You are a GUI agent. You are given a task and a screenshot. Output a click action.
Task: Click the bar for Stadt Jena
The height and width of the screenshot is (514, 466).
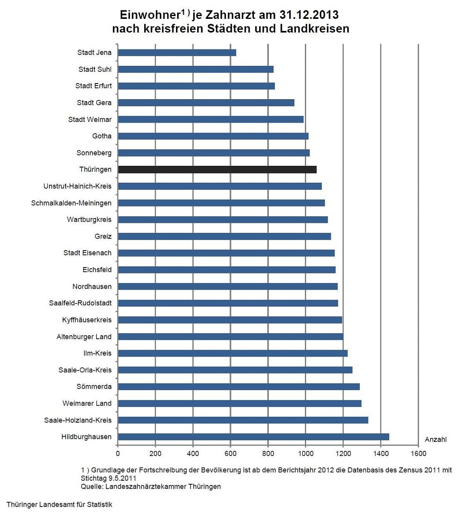(x=177, y=53)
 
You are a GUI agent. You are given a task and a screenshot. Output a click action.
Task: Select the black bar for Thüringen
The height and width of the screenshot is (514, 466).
(x=217, y=169)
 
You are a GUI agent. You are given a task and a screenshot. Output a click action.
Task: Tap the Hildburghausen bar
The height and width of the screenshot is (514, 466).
(x=253, y=437)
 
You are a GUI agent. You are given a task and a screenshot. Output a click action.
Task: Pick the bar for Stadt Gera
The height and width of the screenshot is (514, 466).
(x=206, y=103)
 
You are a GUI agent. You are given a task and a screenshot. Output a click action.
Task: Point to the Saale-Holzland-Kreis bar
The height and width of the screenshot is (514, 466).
(x=243, y=420)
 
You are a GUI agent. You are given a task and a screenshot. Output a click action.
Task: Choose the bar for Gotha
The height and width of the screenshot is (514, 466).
(x=213, y=136)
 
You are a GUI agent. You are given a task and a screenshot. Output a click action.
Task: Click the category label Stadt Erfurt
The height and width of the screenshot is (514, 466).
(x=94, y=86)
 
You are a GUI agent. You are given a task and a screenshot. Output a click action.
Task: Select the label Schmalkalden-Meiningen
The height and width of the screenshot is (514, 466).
(x=72, y=203)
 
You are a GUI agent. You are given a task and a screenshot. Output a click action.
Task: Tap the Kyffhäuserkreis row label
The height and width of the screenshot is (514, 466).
(x=87, y=320)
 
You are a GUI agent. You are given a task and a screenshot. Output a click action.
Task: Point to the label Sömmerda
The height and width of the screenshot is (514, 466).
(x=94, y=387)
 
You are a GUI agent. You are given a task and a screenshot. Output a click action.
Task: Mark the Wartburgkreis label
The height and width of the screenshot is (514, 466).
(x=89, y=220)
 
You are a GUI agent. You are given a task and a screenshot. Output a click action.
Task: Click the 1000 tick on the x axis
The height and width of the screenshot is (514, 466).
(x=305, y=454)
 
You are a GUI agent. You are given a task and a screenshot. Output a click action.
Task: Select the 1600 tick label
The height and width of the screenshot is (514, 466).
(x=418, y=454)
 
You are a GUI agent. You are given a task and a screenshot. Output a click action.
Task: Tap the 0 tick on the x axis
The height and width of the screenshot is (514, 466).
(x=118, y=454)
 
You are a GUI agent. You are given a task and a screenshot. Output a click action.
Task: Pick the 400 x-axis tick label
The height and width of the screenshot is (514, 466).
(x=193, y=454)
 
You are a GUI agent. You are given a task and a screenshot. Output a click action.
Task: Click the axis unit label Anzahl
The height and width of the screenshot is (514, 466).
(x=435, y=439)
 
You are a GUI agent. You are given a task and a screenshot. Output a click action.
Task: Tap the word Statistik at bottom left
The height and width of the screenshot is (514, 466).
(x=99, y=505)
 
